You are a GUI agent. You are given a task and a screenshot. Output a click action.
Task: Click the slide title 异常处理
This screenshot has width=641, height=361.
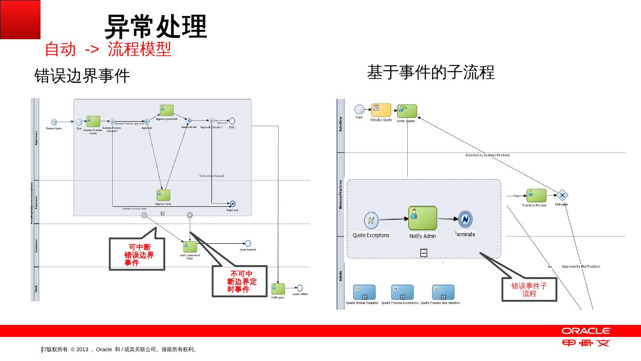click(156, 26)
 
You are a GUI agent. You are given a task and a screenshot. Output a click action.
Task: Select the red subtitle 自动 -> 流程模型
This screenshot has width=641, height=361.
click(108, 49)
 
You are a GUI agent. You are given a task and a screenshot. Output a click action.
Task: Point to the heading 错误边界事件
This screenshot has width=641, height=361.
click(82, 76)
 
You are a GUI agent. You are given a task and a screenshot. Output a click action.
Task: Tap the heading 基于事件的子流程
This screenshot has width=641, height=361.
click(430, 72)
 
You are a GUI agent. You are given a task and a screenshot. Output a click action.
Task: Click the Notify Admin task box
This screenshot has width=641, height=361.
click(422, 218)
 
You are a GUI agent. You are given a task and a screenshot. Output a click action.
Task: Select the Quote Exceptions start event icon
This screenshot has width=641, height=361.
click(371, 220)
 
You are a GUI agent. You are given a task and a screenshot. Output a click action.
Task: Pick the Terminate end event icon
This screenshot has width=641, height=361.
click(465, 219)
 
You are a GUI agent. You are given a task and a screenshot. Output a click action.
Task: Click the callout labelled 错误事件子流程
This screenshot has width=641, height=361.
click(529, 290)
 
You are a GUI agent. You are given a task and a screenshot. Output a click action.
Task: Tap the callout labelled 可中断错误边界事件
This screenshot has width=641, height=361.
click(137, 254)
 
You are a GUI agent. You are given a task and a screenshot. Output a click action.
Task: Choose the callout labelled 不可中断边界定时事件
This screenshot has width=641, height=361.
click(240, 282)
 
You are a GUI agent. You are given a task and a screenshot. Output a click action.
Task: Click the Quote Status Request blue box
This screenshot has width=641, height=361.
click(364, 292)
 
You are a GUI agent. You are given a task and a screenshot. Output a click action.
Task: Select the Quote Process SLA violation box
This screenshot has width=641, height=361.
click(443, 292)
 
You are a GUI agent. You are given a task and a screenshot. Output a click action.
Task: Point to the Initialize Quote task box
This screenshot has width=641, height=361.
click(381, 110)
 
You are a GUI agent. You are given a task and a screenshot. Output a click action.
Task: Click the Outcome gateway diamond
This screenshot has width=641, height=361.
click(562, 195)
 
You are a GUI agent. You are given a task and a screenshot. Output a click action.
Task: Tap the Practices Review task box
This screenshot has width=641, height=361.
click(536, 196)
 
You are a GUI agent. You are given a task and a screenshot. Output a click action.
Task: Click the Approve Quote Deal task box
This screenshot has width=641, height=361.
click(166, 110)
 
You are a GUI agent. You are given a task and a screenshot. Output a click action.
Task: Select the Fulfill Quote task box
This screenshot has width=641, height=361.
click(278, 289)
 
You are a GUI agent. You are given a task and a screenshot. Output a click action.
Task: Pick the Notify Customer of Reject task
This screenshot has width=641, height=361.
click(190, 247)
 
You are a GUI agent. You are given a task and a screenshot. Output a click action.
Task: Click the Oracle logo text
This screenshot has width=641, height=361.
click(586, 331)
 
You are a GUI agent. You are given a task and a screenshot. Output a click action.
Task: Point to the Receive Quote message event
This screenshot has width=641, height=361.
click(54, 122)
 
